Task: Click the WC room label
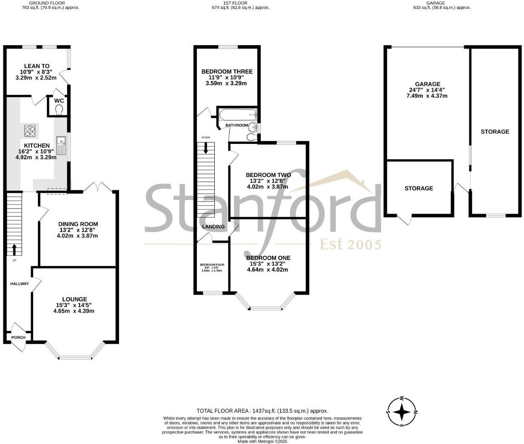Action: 59,101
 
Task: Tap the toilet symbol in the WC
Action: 59,110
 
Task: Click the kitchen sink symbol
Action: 62,145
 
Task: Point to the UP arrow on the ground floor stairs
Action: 14,249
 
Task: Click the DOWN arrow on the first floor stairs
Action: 206,148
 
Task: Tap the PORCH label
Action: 18,338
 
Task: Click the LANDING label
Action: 213,226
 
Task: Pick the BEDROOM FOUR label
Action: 212,265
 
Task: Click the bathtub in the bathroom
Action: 237,115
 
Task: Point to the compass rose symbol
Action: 402,412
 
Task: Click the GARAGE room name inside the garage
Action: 427,84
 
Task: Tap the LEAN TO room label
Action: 37,66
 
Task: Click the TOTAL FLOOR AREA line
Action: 262,411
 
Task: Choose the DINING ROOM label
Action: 78,224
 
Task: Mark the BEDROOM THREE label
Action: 227,72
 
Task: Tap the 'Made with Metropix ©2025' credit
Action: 262,441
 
